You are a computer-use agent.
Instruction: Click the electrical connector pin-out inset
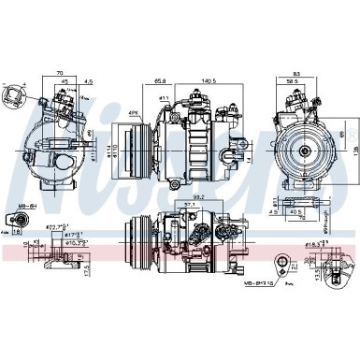coord(16,98)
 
